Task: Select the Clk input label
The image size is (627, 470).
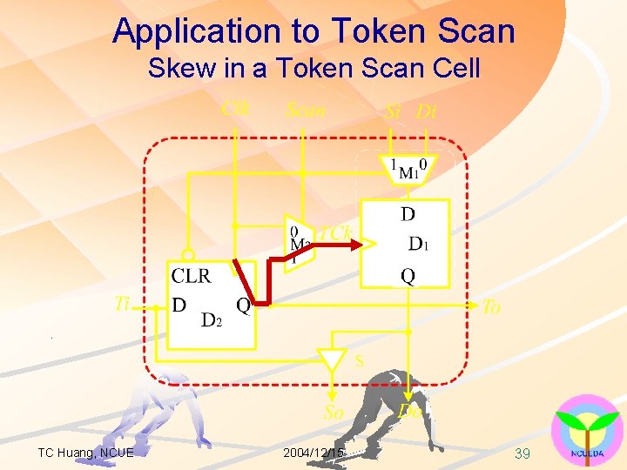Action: pos(235,108)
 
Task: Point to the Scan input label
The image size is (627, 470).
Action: pos(305,110)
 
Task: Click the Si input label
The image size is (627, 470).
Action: pos(394,111)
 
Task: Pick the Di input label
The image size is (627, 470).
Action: pos(427,111)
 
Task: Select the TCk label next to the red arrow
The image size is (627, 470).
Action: pos(335,232)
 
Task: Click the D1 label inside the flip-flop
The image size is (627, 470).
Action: pos(418,243)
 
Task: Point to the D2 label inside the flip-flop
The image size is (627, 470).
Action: pos(212,320)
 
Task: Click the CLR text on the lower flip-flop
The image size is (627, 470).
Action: pos(191,277)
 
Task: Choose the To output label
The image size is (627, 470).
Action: pos(491,306)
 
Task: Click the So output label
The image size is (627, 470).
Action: pos(334,413)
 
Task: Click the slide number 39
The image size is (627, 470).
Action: pos(522,453)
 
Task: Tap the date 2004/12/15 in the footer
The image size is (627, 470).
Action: pos(313,453)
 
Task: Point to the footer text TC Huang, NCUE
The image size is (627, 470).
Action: pos(85,453)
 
